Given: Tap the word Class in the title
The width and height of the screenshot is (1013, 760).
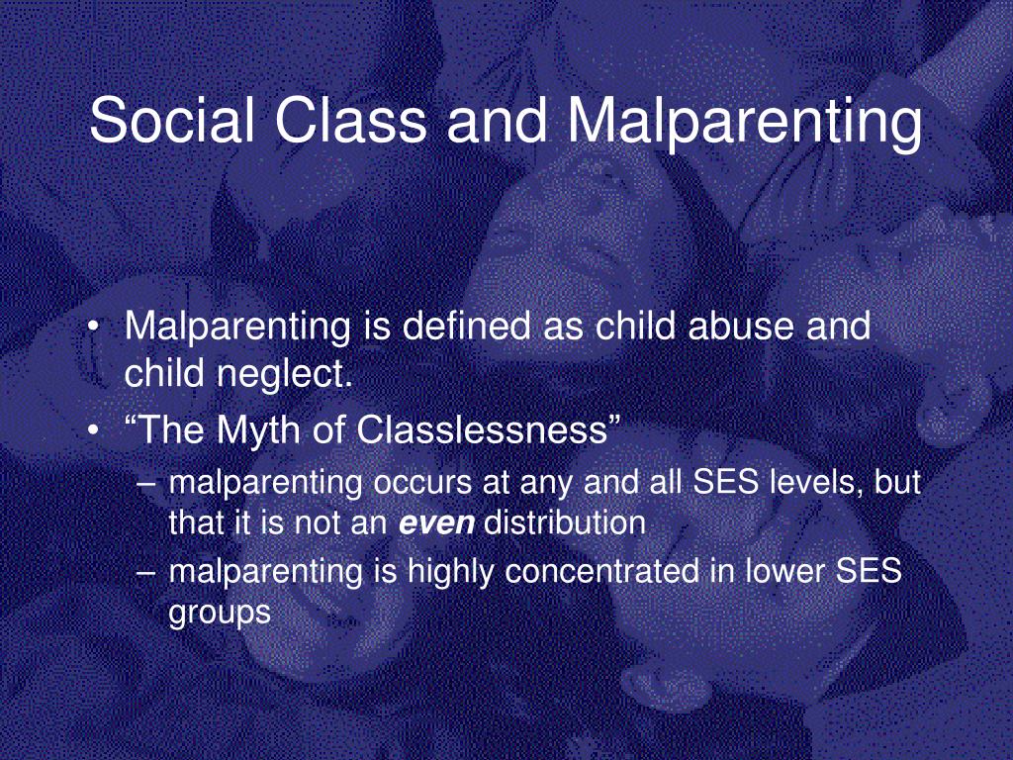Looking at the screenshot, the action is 351,120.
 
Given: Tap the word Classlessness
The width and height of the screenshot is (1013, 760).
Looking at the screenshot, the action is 482,428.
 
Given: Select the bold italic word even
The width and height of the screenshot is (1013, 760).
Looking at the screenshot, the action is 436,523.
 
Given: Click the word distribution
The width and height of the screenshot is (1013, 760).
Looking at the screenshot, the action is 565,522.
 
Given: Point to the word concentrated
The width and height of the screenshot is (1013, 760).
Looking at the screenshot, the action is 602,571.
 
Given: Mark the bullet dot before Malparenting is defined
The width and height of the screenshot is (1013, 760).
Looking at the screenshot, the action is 94,327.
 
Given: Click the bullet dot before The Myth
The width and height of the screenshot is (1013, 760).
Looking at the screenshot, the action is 94,431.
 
